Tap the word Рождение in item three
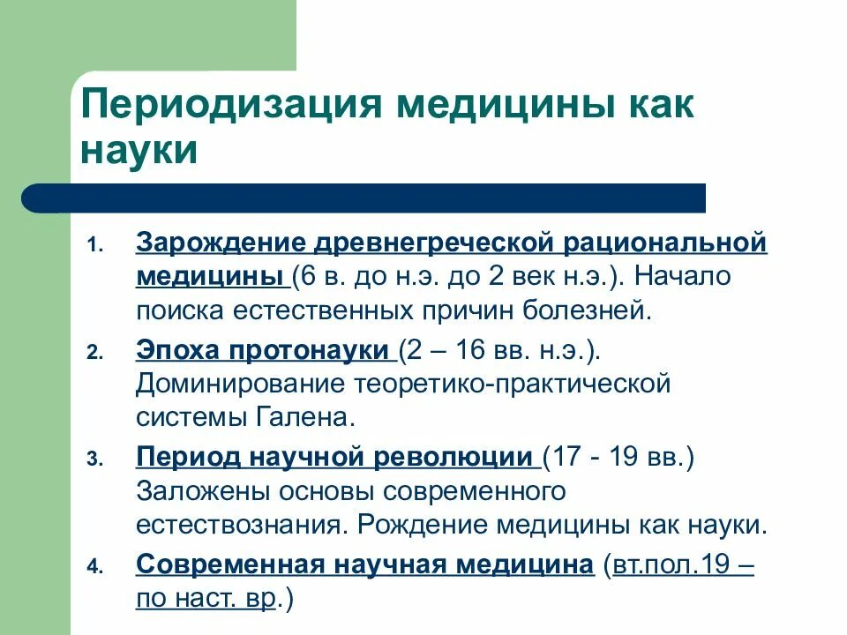[x=423, y=525]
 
